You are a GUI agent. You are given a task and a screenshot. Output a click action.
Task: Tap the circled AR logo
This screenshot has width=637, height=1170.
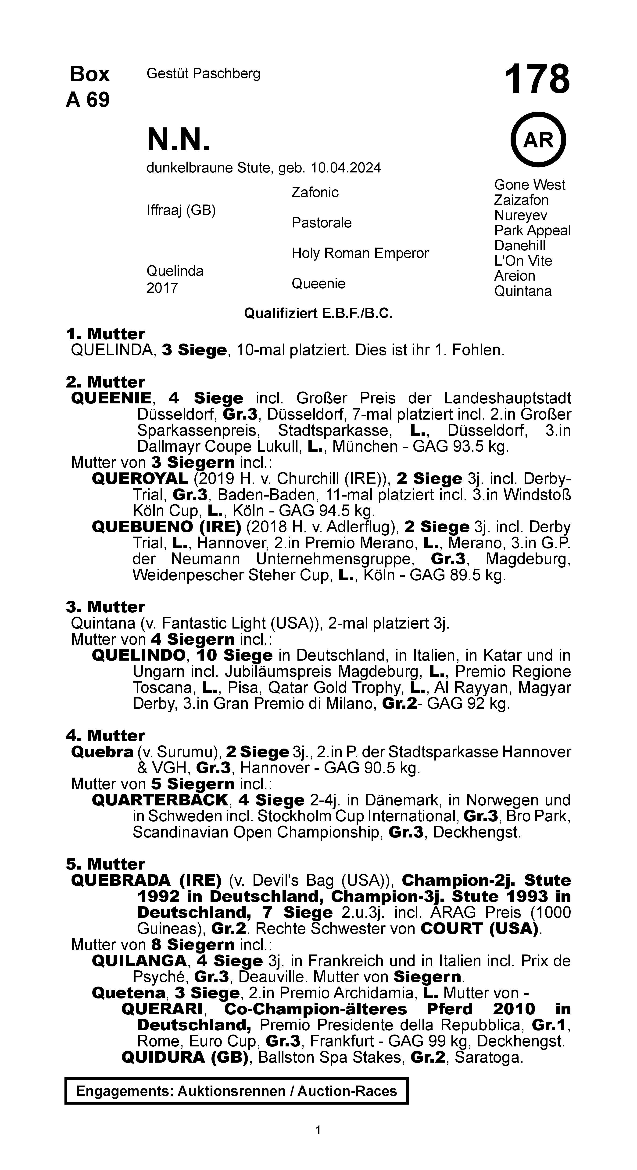(538, 140)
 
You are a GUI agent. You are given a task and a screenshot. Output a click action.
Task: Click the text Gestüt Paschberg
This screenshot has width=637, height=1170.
(203, 73)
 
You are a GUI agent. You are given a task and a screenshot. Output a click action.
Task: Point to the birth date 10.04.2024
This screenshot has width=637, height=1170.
(345, 168)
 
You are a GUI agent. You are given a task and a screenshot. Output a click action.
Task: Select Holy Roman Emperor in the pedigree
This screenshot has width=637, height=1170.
(360, 253)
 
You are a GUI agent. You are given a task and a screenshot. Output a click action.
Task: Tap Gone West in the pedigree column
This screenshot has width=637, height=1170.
(530, 185)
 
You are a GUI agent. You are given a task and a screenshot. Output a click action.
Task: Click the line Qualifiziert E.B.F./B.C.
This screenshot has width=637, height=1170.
(318, 313)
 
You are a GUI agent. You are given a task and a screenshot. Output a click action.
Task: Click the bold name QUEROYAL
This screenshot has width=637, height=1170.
(140, 479)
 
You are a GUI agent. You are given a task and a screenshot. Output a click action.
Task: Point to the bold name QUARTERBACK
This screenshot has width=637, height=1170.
(160, 800)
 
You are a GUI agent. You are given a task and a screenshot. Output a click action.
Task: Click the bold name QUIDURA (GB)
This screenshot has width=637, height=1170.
(185, 1057)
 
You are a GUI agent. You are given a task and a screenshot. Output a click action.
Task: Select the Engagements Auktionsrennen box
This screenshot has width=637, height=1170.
(236, 1091)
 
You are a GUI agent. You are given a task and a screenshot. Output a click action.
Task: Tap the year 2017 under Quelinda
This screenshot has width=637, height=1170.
(162, 288)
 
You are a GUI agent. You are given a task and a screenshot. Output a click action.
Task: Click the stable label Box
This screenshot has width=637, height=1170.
(90, 74)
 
